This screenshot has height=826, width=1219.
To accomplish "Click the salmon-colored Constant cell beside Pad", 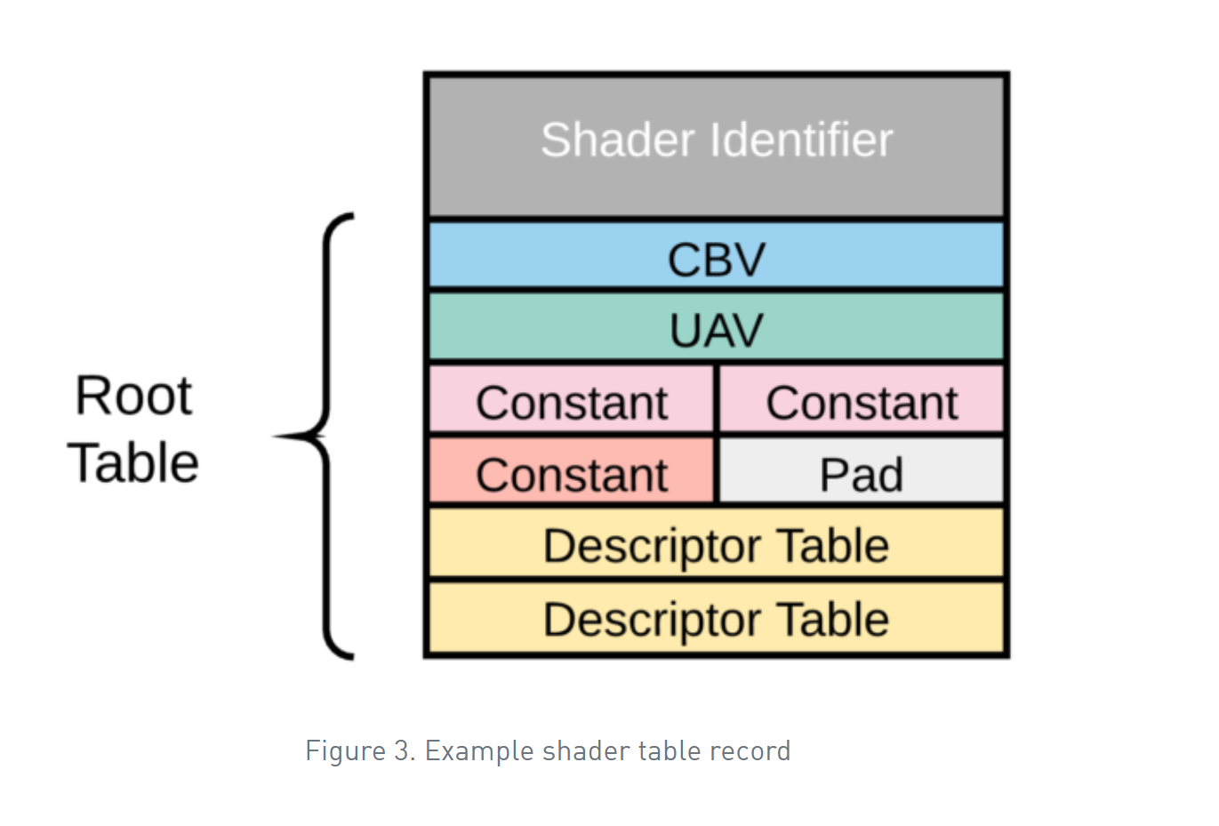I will [571, 472].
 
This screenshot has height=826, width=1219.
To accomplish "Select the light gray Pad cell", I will [861, 472].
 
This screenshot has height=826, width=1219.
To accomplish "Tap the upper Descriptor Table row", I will [716, 544].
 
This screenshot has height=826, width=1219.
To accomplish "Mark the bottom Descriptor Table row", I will [716, 618].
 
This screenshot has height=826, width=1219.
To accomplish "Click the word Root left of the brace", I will [133, 395].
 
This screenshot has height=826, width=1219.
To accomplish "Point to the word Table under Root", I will [133, 462].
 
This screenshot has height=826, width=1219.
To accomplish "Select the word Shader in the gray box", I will [617, 140].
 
